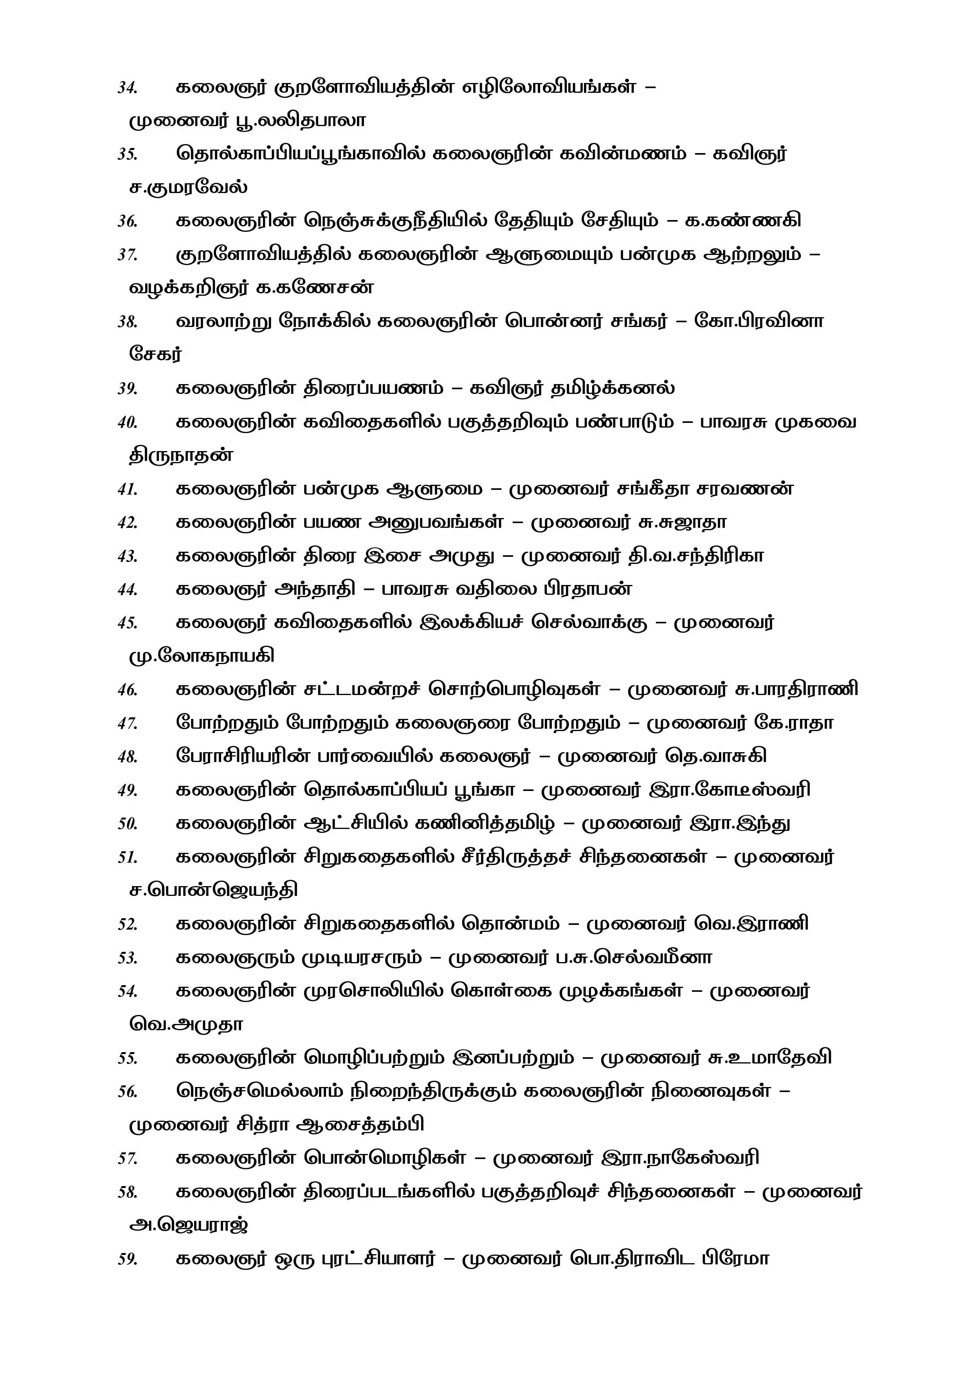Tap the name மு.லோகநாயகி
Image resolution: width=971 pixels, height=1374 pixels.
point(202,657)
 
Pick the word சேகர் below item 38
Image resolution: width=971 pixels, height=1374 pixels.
point(155,354)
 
